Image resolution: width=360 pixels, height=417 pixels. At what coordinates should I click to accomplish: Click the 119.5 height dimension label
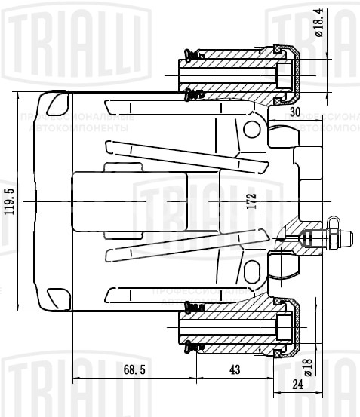[x=8, y=202]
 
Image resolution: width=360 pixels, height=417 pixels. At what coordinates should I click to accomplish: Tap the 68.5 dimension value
[x=133, y=370]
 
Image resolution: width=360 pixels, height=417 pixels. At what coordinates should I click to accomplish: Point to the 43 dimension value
[x=234, y=370]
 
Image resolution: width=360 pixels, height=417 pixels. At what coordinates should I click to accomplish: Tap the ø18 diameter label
[x=307, y=367]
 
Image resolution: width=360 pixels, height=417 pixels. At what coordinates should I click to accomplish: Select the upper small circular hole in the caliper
[x=250, y=129]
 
